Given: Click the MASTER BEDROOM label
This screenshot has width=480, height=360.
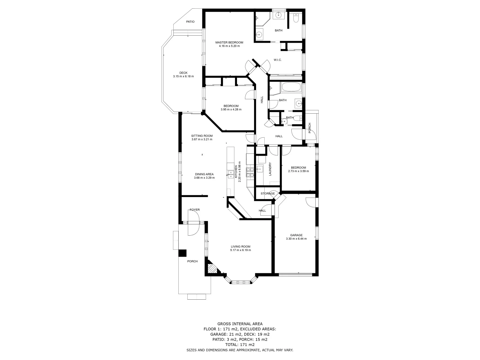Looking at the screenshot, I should coord(229,42).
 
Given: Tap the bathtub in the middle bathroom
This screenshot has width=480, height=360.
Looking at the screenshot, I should coord(292,88).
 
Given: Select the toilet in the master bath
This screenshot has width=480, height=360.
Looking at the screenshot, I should coord(296,18).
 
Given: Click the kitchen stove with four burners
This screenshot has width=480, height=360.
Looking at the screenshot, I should coord(250,172).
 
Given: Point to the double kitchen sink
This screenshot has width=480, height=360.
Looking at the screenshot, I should coord(230,173).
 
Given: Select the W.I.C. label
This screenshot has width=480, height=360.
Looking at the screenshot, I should coord(278,60).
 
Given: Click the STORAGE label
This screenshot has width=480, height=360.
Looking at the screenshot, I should coord(268,193).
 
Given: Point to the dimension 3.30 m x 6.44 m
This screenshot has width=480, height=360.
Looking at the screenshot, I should coord(296,239).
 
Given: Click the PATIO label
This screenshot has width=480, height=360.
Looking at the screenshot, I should coord(190,22).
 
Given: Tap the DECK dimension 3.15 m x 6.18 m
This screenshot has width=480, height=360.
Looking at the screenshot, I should coord(183,76).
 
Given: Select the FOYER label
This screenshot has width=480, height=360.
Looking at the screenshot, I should coord(195,210).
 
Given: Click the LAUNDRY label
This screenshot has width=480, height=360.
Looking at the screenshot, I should coord(270,169).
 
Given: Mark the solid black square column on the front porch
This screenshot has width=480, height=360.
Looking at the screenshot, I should coord(182,253).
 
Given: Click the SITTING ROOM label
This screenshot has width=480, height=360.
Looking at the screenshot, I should coord(202,136).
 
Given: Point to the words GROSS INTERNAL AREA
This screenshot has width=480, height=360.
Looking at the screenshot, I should coord(240,324).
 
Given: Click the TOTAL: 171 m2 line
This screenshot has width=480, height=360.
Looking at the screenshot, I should coord(240,345).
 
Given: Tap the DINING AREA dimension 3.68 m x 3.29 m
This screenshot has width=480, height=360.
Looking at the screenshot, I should coord(204,178).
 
